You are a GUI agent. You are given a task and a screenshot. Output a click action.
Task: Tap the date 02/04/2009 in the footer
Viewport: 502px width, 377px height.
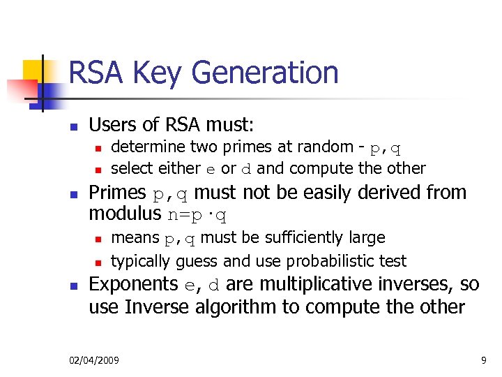pyautogui.click(x=94, y=360)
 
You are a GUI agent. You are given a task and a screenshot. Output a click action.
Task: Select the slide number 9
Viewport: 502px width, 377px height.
pyautogui.click(x=483, y=360)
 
